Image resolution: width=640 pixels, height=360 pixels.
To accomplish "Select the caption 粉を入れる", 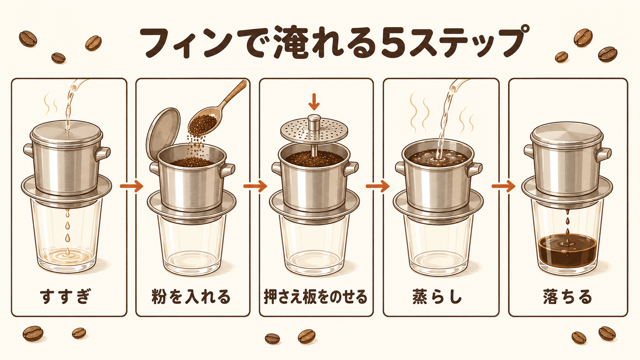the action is [191, 296].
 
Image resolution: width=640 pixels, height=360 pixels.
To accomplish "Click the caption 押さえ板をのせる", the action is [315, 297].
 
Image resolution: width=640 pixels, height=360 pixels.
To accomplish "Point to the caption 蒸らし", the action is [437, 296].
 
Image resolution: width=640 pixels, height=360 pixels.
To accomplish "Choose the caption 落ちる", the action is [567, 296].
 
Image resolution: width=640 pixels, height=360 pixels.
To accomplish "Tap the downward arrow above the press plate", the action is [314, 101].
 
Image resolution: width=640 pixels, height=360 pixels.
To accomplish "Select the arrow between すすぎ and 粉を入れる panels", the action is [131, 186].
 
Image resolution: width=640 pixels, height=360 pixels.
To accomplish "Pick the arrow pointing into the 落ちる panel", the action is [503, 186].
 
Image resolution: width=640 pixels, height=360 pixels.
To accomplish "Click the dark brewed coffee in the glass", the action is [567, 251].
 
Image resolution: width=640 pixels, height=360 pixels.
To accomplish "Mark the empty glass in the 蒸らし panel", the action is [438, 246].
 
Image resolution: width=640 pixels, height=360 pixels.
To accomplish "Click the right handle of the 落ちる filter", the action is [603, 154].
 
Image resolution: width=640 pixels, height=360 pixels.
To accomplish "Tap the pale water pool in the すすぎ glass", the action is [67, 256].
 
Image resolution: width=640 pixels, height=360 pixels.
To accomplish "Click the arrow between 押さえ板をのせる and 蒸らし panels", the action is [377, 186].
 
